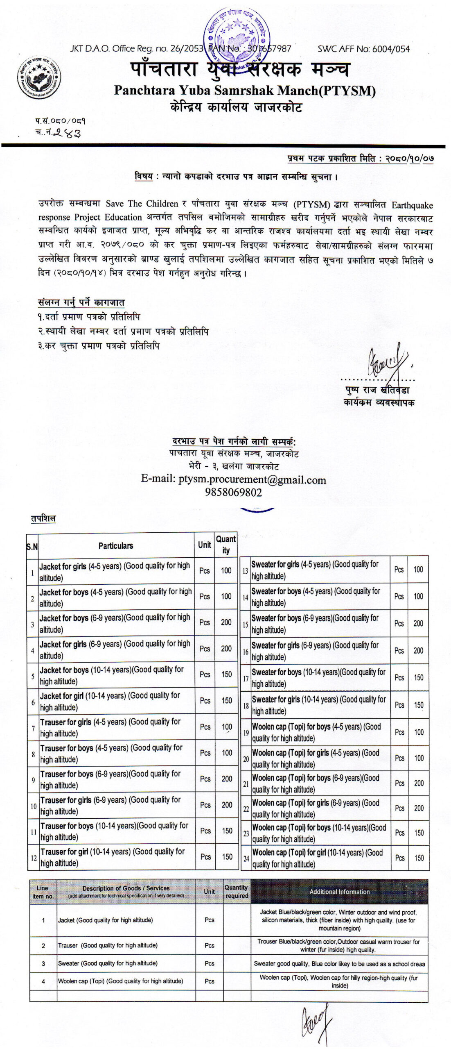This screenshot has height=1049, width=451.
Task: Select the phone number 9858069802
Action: (233, 492)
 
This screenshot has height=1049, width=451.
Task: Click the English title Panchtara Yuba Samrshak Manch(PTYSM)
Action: (245, 90)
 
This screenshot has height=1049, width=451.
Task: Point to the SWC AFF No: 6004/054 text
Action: (363, 49)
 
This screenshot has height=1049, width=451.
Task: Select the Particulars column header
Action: (116, 546)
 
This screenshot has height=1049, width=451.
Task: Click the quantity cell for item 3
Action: (226, 622)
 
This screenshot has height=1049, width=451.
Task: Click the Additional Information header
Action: (339, 892)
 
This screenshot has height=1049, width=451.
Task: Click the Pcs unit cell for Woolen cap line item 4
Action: (209, 981)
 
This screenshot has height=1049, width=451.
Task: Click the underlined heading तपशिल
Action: (43, 518)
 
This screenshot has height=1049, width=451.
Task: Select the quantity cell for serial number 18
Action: (418, 705)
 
